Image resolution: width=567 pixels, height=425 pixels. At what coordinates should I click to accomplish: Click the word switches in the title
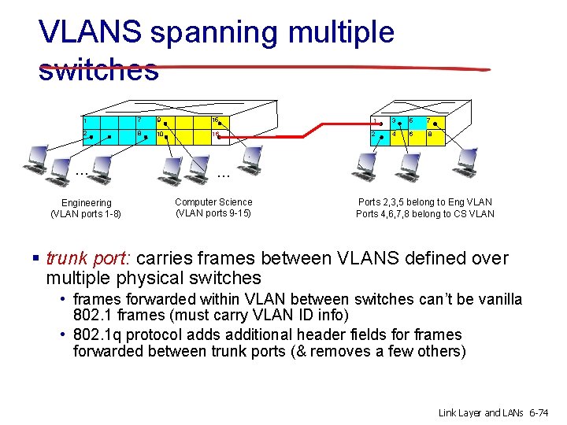point(98,70)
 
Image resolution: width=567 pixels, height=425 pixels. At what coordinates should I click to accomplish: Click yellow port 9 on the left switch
point(162,121)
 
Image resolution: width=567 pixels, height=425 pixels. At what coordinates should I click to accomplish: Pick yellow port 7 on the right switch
point(432,121)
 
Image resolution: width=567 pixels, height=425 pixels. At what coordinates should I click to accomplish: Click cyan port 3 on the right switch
point(395,121)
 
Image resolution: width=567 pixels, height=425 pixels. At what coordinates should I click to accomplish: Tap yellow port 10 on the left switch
point(162,135)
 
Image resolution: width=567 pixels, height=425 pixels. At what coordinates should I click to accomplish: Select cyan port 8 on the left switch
point(142,135)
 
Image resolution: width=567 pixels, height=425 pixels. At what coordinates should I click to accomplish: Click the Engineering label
point(87,203)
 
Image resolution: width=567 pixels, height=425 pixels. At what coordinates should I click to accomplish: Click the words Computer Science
point(213,202)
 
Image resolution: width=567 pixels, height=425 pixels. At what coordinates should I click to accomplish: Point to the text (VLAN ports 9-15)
point(213,213)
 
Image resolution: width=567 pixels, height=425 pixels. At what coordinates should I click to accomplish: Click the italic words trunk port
point(88,258)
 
